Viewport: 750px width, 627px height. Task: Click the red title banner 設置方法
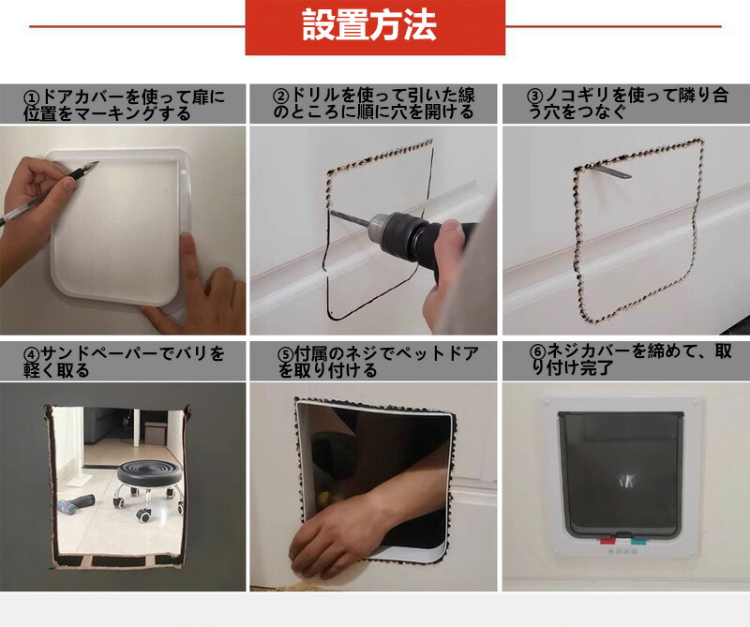coord(375,27)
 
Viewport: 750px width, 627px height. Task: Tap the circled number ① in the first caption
coord(32,98)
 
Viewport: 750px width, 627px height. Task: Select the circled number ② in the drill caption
coord(280,97)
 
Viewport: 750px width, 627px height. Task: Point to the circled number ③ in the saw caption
coord(534,97)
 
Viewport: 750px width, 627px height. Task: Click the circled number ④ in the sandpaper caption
coord(32,355)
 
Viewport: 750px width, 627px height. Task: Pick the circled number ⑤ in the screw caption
coord(286,354)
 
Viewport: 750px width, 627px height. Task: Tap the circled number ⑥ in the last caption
coord(537,352)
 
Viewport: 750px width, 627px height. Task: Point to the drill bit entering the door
coord(350,217)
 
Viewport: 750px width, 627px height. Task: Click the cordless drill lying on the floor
coord(76,504)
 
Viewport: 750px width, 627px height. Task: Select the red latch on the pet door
coord(607,541)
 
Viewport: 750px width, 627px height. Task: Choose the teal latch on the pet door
coord(637,542)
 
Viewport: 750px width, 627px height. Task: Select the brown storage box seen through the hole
coord(154,433)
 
